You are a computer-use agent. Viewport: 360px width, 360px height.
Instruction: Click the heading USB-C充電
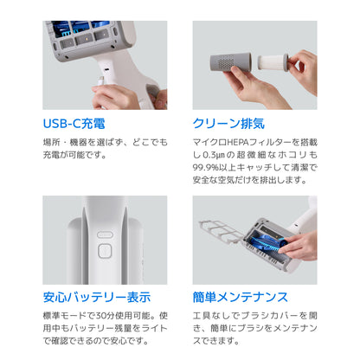coord(74,124)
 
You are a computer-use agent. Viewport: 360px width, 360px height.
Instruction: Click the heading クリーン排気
coord(228,124)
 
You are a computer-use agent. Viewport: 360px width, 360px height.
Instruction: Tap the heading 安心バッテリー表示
coord(97,297)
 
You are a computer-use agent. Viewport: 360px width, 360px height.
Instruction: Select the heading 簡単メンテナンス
coord(241,297)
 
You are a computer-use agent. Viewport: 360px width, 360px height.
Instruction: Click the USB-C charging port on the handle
coord(106,70)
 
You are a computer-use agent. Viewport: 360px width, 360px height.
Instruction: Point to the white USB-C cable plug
coord(101,80)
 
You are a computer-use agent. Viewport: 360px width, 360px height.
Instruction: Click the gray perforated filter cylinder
coord(230,62)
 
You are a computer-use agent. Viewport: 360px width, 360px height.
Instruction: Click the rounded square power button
coord(105,251)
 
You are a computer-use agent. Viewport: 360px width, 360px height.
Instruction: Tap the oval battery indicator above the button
coord(105,235)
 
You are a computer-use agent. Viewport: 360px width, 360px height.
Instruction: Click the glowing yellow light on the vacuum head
coord(86,38)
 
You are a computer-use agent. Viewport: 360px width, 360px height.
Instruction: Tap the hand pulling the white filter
coord(303,72)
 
